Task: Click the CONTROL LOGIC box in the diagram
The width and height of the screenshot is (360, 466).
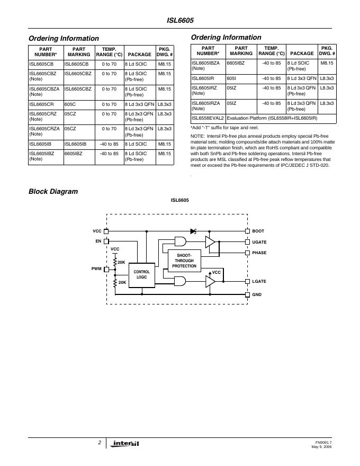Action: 142,274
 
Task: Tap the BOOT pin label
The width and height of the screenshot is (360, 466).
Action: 258,231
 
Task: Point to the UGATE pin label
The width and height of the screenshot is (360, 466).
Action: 259,242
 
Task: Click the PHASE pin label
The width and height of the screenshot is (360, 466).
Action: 259,253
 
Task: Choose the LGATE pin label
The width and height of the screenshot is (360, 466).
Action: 259,281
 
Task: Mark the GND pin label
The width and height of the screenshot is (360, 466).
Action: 257,294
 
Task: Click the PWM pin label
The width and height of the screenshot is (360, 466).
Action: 96,269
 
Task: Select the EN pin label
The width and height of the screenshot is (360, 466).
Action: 98,241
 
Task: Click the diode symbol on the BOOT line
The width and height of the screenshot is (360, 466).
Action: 194,231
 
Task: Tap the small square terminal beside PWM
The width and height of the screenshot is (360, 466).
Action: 106,269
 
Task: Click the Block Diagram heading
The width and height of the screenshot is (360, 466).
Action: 53,192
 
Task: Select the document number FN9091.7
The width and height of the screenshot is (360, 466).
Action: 323,442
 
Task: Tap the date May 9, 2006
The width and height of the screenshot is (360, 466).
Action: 322,447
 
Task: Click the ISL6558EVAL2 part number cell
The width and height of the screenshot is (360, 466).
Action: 208,119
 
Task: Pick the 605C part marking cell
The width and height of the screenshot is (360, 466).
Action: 70,105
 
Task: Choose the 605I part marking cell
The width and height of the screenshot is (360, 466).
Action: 231,78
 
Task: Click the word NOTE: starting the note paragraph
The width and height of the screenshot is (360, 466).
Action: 197,137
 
